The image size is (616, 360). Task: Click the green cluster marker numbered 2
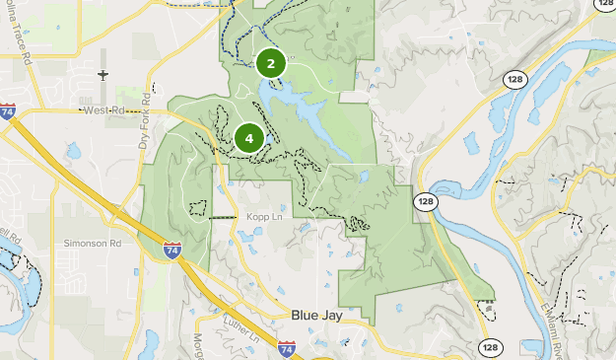point(271,63)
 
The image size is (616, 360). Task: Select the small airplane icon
point(103,74)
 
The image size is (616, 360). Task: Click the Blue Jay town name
point(318,315)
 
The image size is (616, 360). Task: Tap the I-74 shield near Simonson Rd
point(172,250)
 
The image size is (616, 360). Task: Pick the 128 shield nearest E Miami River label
point(490,347)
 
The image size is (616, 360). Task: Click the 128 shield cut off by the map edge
point(605,4)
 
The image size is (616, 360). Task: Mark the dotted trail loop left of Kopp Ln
point(198,208)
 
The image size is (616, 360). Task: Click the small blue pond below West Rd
point(74,152)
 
